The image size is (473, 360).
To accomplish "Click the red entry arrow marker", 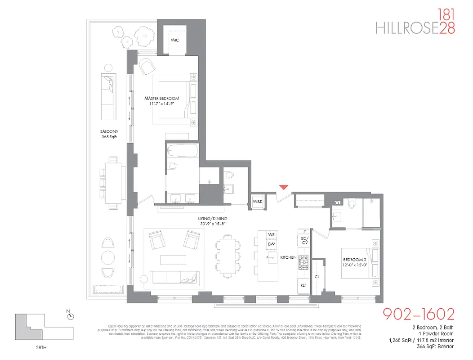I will point(283,187).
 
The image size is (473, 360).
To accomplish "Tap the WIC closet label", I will point(175,40).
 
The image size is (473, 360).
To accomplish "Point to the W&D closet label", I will point(258,201).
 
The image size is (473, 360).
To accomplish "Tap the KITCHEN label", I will point(288,257).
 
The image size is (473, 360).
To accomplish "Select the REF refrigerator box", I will point(303,285).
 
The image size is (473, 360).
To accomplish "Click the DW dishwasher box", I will point(271,244).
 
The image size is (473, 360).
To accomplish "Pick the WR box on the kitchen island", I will point(271,235).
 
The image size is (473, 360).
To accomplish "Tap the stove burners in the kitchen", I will point(303,261).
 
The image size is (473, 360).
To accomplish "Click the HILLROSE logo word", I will point(407,28).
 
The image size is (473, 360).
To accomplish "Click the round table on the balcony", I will point(108,257).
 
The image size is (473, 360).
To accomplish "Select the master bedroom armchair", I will point(147,67).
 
